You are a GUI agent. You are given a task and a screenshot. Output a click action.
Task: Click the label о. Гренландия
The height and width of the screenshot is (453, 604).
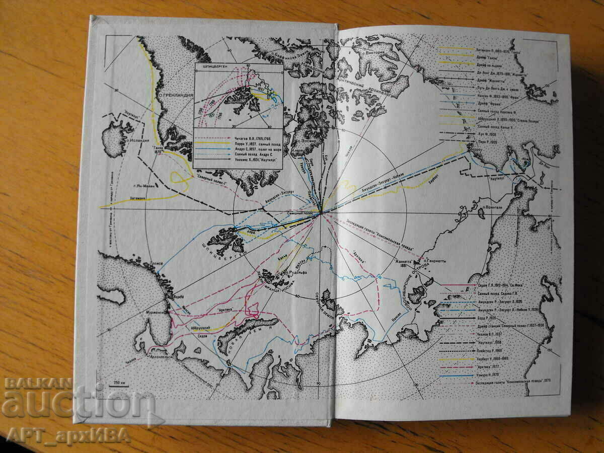tap(170, 95)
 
